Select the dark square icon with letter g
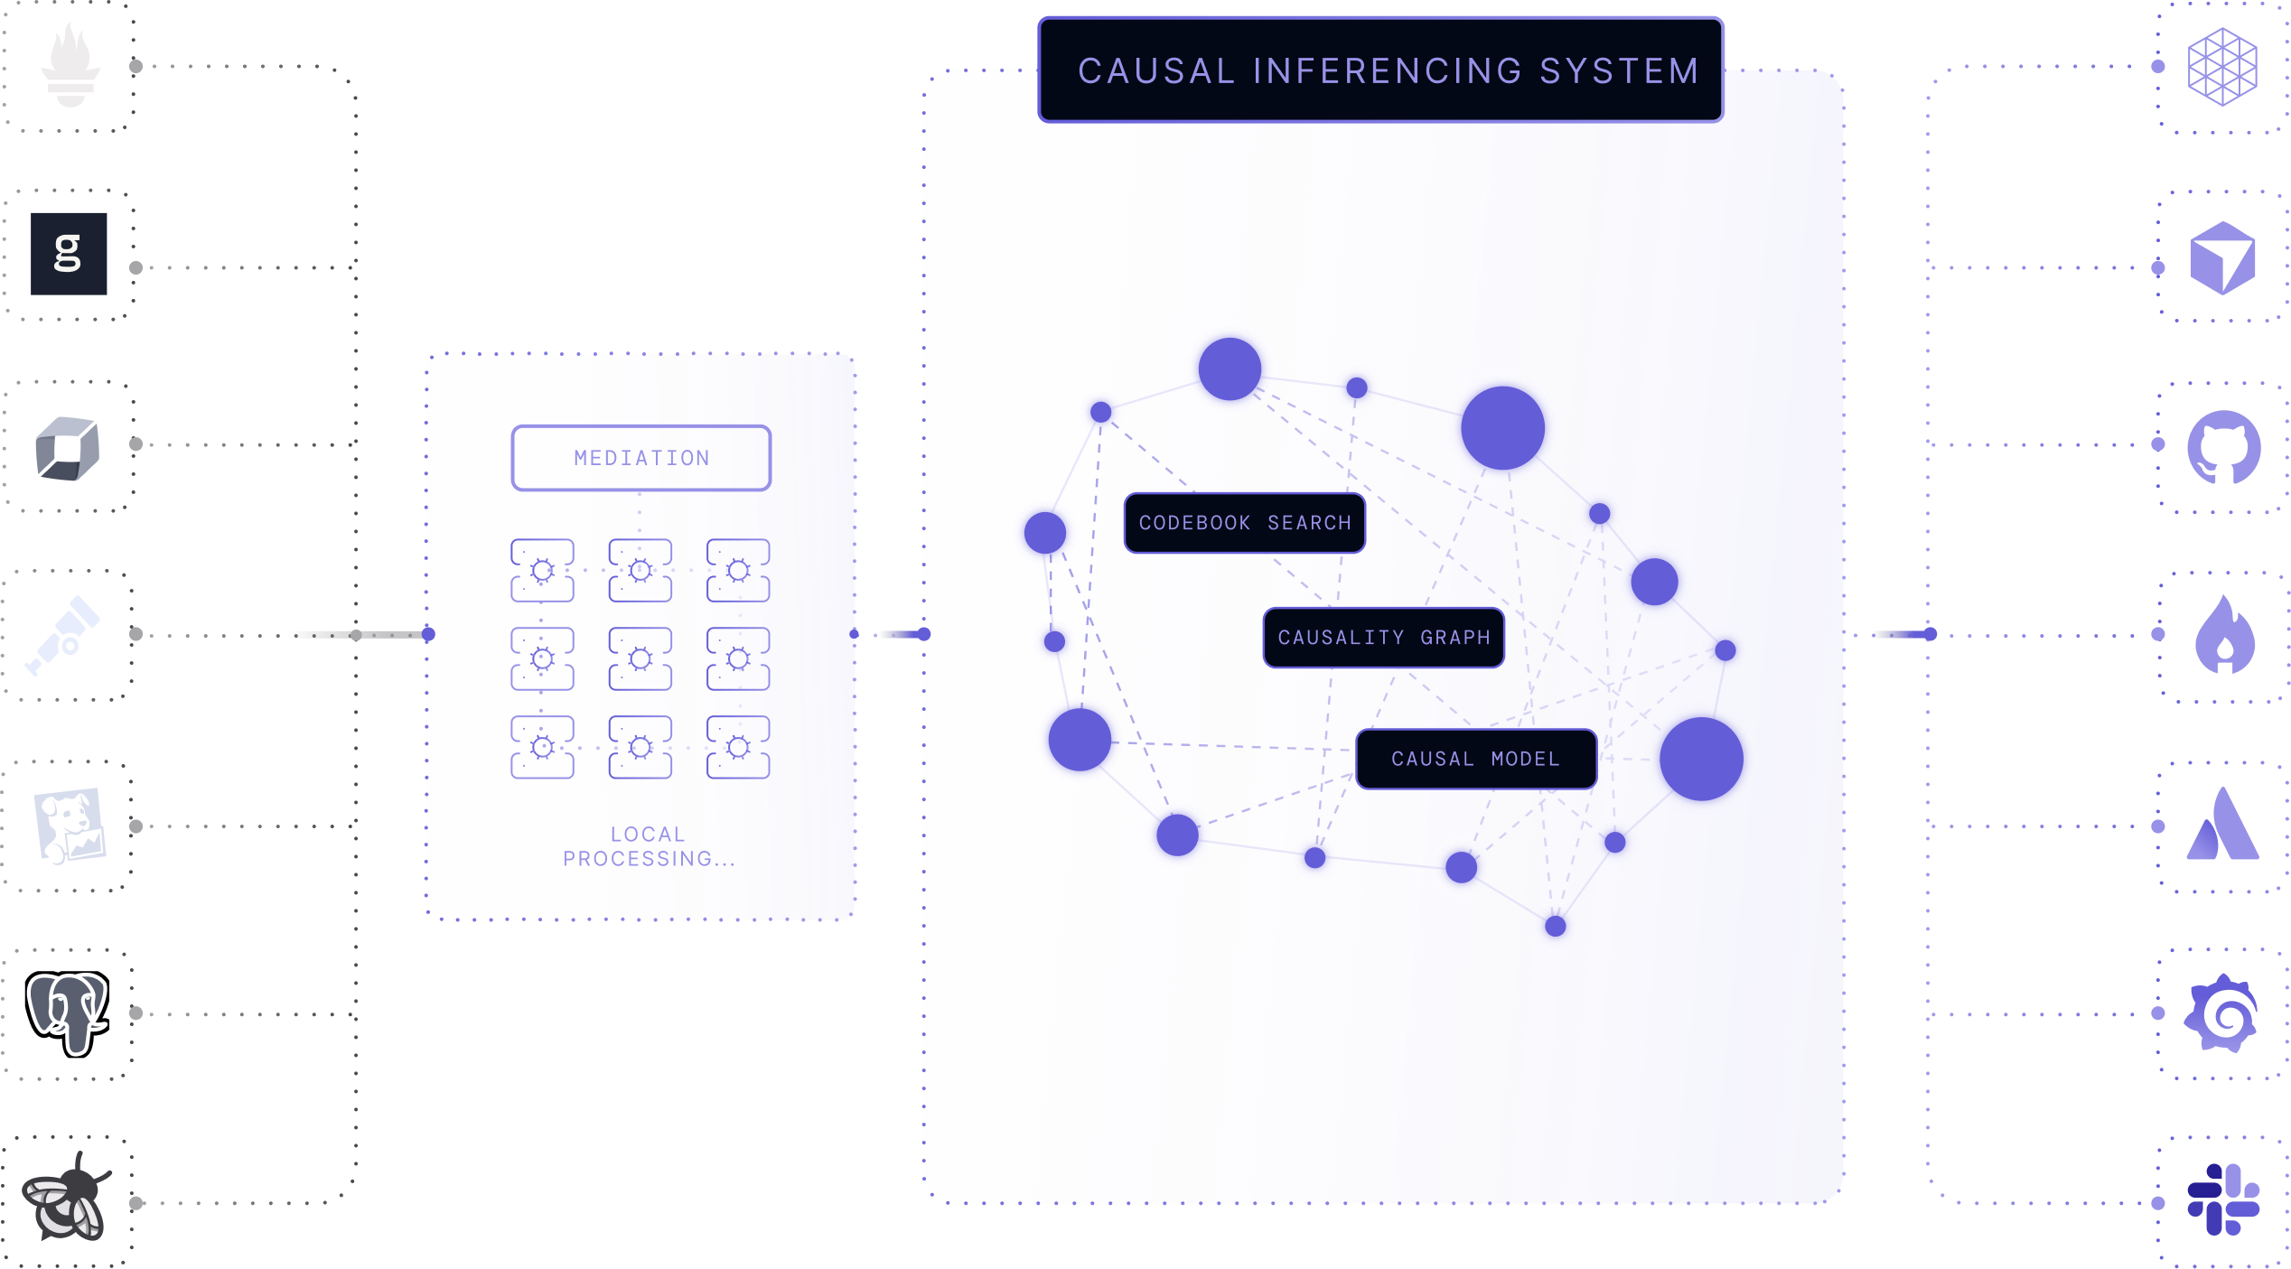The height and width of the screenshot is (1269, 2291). pos(69,254)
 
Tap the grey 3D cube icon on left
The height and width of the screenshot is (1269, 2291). pos(68,448)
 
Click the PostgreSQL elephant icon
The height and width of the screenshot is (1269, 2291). pos(68,1012)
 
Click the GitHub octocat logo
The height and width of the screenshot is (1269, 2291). pos(2223,447)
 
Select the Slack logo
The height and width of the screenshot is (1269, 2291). pos(2223,1199)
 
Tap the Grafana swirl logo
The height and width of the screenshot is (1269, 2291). pos(2222,1013)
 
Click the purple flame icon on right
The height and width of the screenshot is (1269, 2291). pos(2224,635)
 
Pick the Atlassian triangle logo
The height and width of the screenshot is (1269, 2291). pos(2223,825)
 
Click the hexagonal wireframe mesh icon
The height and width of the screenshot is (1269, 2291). pos(2222,67)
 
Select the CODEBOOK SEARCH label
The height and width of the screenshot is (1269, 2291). pos(1244,523)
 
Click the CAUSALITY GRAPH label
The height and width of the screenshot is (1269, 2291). pos(1383,638)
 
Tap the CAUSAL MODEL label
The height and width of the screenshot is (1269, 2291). pos(1475,759)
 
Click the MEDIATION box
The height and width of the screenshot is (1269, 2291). pos(641,458)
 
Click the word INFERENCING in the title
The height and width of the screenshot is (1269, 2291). pos(1388,71)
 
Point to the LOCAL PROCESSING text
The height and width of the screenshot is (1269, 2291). pos(647,846)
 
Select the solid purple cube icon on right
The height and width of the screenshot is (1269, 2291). pos(2222,258)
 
